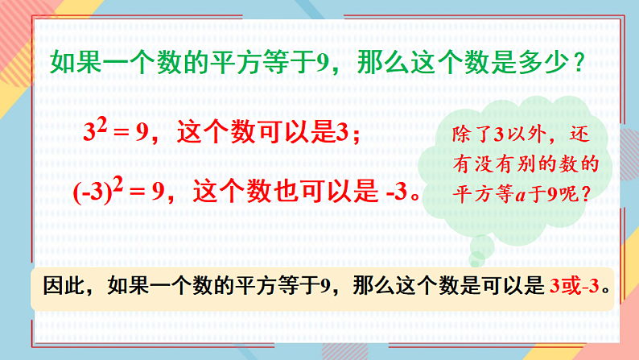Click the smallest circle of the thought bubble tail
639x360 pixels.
(478, 258)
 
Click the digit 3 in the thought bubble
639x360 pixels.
(501, 134)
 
